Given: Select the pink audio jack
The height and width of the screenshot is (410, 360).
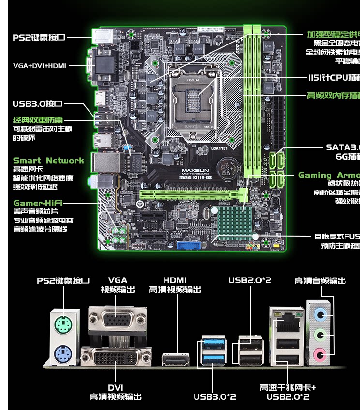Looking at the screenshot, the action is coord(318,354).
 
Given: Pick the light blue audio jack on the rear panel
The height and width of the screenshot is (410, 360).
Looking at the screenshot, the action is coord(318,315).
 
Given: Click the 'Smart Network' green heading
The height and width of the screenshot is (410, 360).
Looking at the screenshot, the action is coord(48,161).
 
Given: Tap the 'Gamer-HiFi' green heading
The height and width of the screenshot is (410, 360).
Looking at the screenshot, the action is coord(38,203).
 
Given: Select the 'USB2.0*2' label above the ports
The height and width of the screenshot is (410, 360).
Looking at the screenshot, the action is coord(250,280).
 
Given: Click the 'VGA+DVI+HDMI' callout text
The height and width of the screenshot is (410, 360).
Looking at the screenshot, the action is coord(40,66).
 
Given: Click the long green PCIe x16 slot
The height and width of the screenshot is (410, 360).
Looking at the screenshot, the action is coord(192,194).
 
